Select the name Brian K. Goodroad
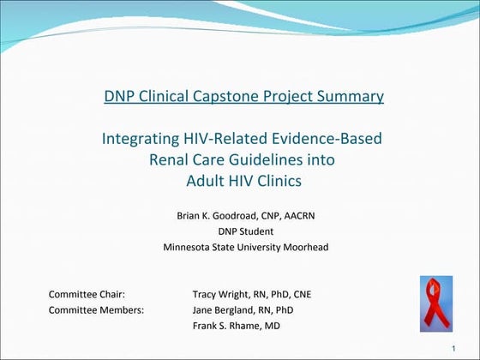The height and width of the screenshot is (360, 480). (213, 216)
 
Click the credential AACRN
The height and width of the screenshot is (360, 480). (296, 216)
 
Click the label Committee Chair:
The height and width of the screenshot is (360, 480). (87, 294)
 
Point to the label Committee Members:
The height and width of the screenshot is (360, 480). (96, 309)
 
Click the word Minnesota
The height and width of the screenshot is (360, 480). (188, 248)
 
